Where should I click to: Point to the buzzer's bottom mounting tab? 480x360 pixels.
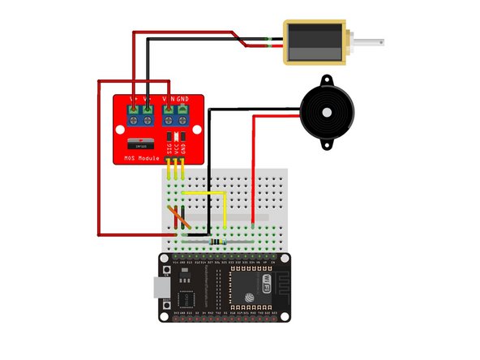click(326, 146)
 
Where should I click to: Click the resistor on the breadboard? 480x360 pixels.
click(213, 241)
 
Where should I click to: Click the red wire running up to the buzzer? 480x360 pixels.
click(255, 170)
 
